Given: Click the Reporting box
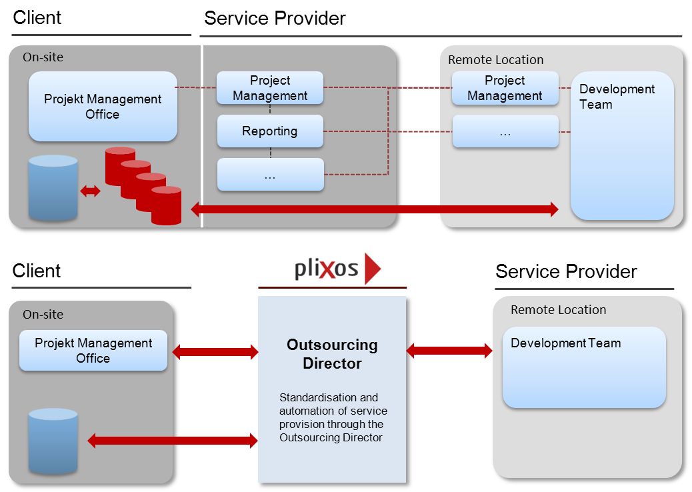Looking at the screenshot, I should (270, 131).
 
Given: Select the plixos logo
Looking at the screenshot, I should (337, 269).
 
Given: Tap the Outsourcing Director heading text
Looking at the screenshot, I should (332, 354).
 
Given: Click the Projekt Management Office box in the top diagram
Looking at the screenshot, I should (103, 107).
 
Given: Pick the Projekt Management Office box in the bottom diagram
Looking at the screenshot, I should (93, 351).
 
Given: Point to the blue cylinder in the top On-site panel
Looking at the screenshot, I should (53, 189).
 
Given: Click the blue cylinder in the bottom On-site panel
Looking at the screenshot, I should (53, 442).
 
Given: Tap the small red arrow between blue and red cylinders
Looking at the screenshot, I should (90, 191).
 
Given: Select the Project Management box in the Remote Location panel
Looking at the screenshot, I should (505, 88).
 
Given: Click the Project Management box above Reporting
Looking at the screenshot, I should (270, 88).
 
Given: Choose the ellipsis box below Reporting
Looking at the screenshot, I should (270, 175).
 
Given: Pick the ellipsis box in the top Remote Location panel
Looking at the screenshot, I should (505, 131).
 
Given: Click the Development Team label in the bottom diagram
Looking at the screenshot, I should (565, 343).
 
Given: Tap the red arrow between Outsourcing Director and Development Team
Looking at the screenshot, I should (449, 350).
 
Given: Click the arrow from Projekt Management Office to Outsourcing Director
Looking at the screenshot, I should (215, 351).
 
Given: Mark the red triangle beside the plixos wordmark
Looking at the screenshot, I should (373, 269).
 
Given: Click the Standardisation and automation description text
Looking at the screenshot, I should (333, 417).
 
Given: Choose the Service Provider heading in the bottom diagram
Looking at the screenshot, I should (566, 271).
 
